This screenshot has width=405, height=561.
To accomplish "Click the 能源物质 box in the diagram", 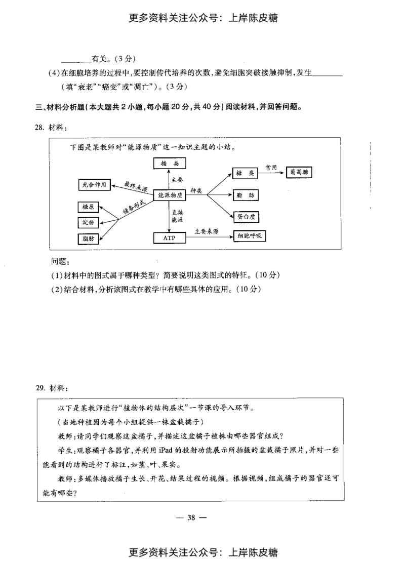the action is pos(170,195).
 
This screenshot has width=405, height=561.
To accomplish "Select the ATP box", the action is pos(169,237).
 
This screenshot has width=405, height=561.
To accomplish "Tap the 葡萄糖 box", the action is pos(299,172).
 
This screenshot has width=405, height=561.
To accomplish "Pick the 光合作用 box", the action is pos(94,185).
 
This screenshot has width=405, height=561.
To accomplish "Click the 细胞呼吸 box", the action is pos(249,236).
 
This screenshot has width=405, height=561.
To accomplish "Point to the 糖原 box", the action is pos(89,207).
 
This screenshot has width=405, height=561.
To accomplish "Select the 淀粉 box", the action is pos(89,222).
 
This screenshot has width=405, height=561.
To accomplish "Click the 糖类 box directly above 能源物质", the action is pos(170,163).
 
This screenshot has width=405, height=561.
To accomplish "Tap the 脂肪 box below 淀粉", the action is pos(89,238).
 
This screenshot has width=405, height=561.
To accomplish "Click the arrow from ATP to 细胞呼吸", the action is pos(208,236).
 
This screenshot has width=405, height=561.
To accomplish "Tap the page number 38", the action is pos(192,517).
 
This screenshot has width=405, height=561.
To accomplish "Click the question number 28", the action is pos(40,128).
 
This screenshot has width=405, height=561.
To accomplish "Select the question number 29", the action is pos(40,388).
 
